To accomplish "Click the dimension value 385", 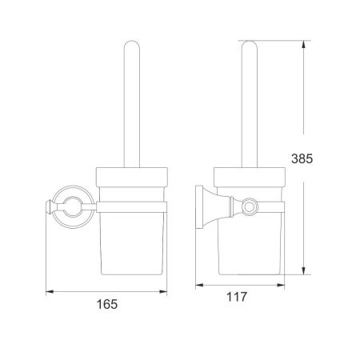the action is pyautogui.click(x=302, y=158).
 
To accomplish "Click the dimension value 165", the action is pyautogui.click(x=107, y=304).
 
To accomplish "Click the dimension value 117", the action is pyautogui.click(x=237, y=297).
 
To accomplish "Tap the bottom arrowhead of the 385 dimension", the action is pyautogui.click(x=303, y=270).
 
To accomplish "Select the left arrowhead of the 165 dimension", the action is pyautogui.click(x=50, y=292).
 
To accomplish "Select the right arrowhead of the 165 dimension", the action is pyautogui.click(x=163, y=292).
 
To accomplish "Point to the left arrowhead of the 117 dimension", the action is pyautogui.click(x=199, y=285).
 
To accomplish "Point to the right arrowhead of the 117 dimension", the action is pyautogui.click(x=281, y=285).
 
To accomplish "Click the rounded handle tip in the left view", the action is pyautogui.click(x=132, y=42).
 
